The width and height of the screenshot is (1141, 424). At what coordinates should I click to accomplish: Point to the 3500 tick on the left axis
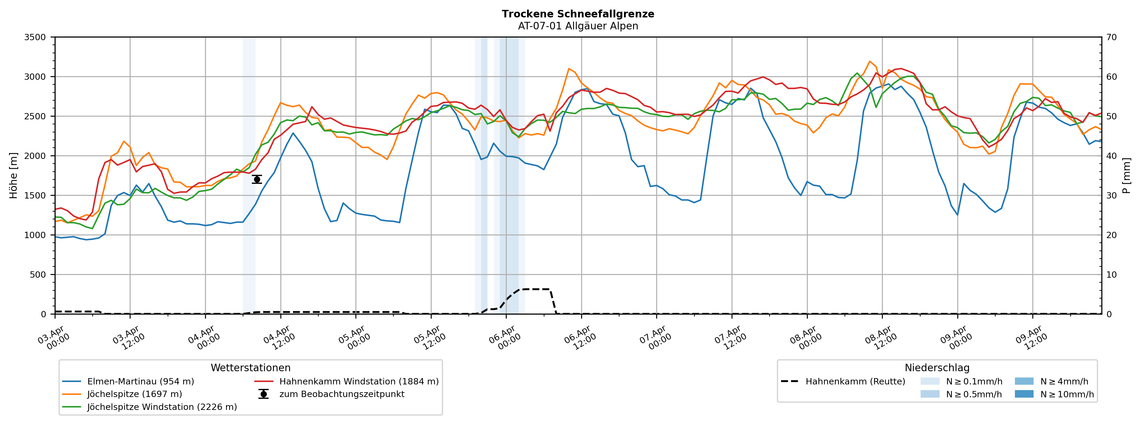pyautogui.click(x=35, y=37)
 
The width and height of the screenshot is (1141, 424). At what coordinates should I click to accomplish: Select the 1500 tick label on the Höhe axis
pyautogui.click(x=35, y=196)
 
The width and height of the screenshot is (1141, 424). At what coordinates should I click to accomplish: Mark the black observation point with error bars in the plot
pyautogui.click(x=257, y=179)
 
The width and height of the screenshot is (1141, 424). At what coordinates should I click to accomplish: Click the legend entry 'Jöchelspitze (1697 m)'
pyautogui.click(x=134, y=394)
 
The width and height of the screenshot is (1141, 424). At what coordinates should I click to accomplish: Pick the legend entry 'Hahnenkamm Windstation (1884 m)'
pyautogui.click(x=359, y=381)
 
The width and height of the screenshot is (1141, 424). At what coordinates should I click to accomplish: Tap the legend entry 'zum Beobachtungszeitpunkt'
pyautogui.click(x=342, y=394)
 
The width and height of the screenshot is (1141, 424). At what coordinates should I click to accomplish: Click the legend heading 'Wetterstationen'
pyautogui.click(x=250, y=368)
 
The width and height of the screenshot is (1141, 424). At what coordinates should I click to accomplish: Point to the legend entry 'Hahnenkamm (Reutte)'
pyautogui.click(x=855, y=381)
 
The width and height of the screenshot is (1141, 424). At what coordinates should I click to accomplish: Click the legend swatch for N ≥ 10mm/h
pyautogui.click(x=1024, y=394)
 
